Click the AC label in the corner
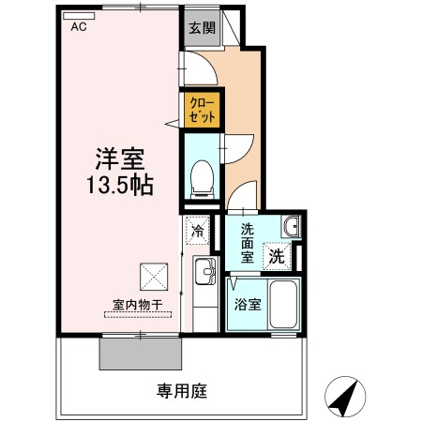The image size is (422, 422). (x=78, y=27)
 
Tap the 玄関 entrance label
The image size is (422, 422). (x=200, y=27)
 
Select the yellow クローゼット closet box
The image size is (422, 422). (x=201, y=110)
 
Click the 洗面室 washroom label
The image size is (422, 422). (x=247, y=243)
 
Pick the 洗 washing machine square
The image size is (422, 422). (x=278, y=253)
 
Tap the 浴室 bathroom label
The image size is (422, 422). (x=247, y=305)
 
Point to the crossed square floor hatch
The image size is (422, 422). (x=153, y=276)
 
